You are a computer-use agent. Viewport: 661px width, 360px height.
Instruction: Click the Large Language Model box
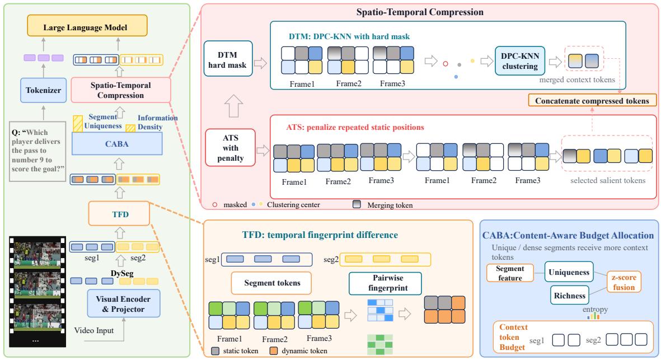87,26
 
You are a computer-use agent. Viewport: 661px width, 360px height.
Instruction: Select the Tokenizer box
44,90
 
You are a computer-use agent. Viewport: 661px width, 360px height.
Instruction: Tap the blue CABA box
117,144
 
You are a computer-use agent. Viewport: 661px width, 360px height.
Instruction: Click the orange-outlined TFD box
119,214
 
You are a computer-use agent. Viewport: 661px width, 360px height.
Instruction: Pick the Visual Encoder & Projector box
124,303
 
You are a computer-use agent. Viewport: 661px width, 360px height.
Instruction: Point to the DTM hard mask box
228,59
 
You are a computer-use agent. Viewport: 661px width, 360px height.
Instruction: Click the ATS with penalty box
231,148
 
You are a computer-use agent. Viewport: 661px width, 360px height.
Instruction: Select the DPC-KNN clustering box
520,60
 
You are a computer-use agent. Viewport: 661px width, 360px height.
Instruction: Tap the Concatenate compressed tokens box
592,100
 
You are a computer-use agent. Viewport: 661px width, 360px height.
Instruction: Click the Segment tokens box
271,283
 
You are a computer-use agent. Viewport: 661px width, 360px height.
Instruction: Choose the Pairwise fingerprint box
385,283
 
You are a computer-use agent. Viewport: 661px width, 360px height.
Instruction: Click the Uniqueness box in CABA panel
569,272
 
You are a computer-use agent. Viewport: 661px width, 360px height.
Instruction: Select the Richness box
570,295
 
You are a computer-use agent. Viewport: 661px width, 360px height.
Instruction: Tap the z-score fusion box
624,282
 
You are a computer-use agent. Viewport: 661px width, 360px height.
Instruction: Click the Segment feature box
510,273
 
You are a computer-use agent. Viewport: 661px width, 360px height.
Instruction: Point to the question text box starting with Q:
37,151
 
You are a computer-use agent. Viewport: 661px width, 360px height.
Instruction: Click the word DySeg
122,273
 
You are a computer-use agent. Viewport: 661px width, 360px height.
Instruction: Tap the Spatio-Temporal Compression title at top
420,12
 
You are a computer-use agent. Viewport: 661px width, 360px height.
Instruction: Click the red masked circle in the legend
215,204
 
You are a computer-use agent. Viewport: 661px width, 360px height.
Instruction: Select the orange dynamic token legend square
274,350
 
